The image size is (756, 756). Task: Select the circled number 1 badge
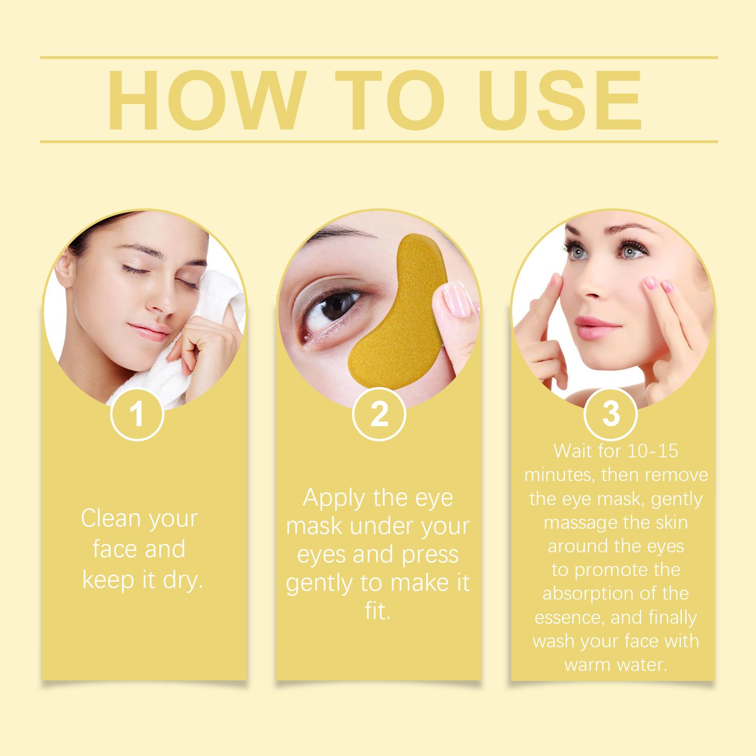pyautogui.click(x=137, y=414)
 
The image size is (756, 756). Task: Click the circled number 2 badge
pyautogui.click(x=379, y=414)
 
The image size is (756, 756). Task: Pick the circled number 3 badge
pyautogui.click(x=611, y=414)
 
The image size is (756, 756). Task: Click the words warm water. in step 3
pyautogui.click(x=616, y=665)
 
